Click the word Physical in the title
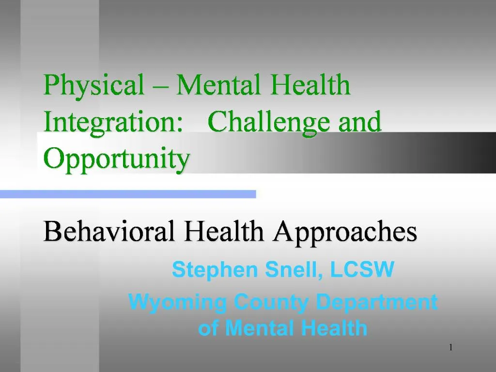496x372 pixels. (x=93, y=85)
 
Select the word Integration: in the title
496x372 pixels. (x=113, y=123)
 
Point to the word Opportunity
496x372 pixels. (x=116, y=159)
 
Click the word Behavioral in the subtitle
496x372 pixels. (x=109, y=231)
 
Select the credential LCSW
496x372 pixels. (x=362, y=269)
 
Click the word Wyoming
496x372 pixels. (x=177, y=302)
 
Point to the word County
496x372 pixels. (x=271, y=302)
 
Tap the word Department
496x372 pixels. (x=377, y=302)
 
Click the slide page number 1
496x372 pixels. (x=451, y=347)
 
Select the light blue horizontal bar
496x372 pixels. (x=128, y=194)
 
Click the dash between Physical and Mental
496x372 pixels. (x=160, y=86)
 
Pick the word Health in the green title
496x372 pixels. (x=310, y=84)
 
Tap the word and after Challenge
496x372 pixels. (x=360, y=122)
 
